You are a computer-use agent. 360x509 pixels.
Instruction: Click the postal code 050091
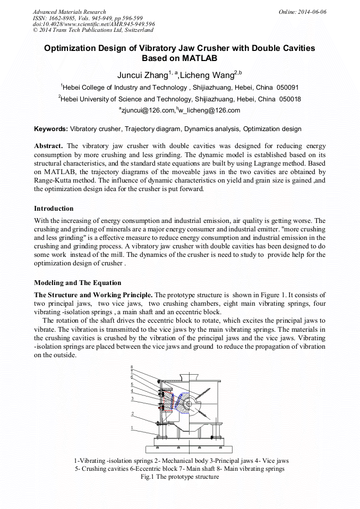(x=287, y=87)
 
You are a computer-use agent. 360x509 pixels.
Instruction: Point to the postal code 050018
(x=290, y=99)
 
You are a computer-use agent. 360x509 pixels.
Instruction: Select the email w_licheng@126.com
(x=210, y=110)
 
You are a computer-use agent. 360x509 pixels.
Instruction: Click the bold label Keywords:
(x=51, y=129)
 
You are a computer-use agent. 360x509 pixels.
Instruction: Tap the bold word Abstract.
(x=49, y=146)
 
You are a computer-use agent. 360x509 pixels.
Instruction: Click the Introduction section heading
(x=54, y=209)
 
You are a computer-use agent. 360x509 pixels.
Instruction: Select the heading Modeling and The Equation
(x=78, y=283)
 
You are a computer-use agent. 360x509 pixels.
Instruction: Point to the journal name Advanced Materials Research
(x=69, y=12)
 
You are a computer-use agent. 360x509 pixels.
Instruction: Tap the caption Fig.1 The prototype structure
(x=179, y=477)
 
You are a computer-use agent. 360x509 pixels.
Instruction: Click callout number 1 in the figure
(x=132, y=427)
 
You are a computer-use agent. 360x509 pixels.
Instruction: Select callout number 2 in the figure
(x=132, y=414)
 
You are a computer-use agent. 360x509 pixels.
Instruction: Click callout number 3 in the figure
(x=132, y=399)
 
